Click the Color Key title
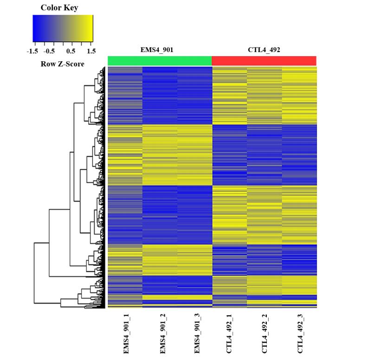tap(59, 7)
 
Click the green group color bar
tap(160, 61)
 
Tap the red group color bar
tap(264, 61)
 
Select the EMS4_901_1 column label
tap(126, 334)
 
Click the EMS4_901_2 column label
tap(162, 334)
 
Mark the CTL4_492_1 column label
tap(229, 334)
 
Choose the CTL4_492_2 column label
tap(265, 334)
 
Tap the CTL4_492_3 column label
tap(299, 334)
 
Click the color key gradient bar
tap(63, 29)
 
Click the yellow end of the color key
tap(89, 29)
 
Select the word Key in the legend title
tap(71, 7)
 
